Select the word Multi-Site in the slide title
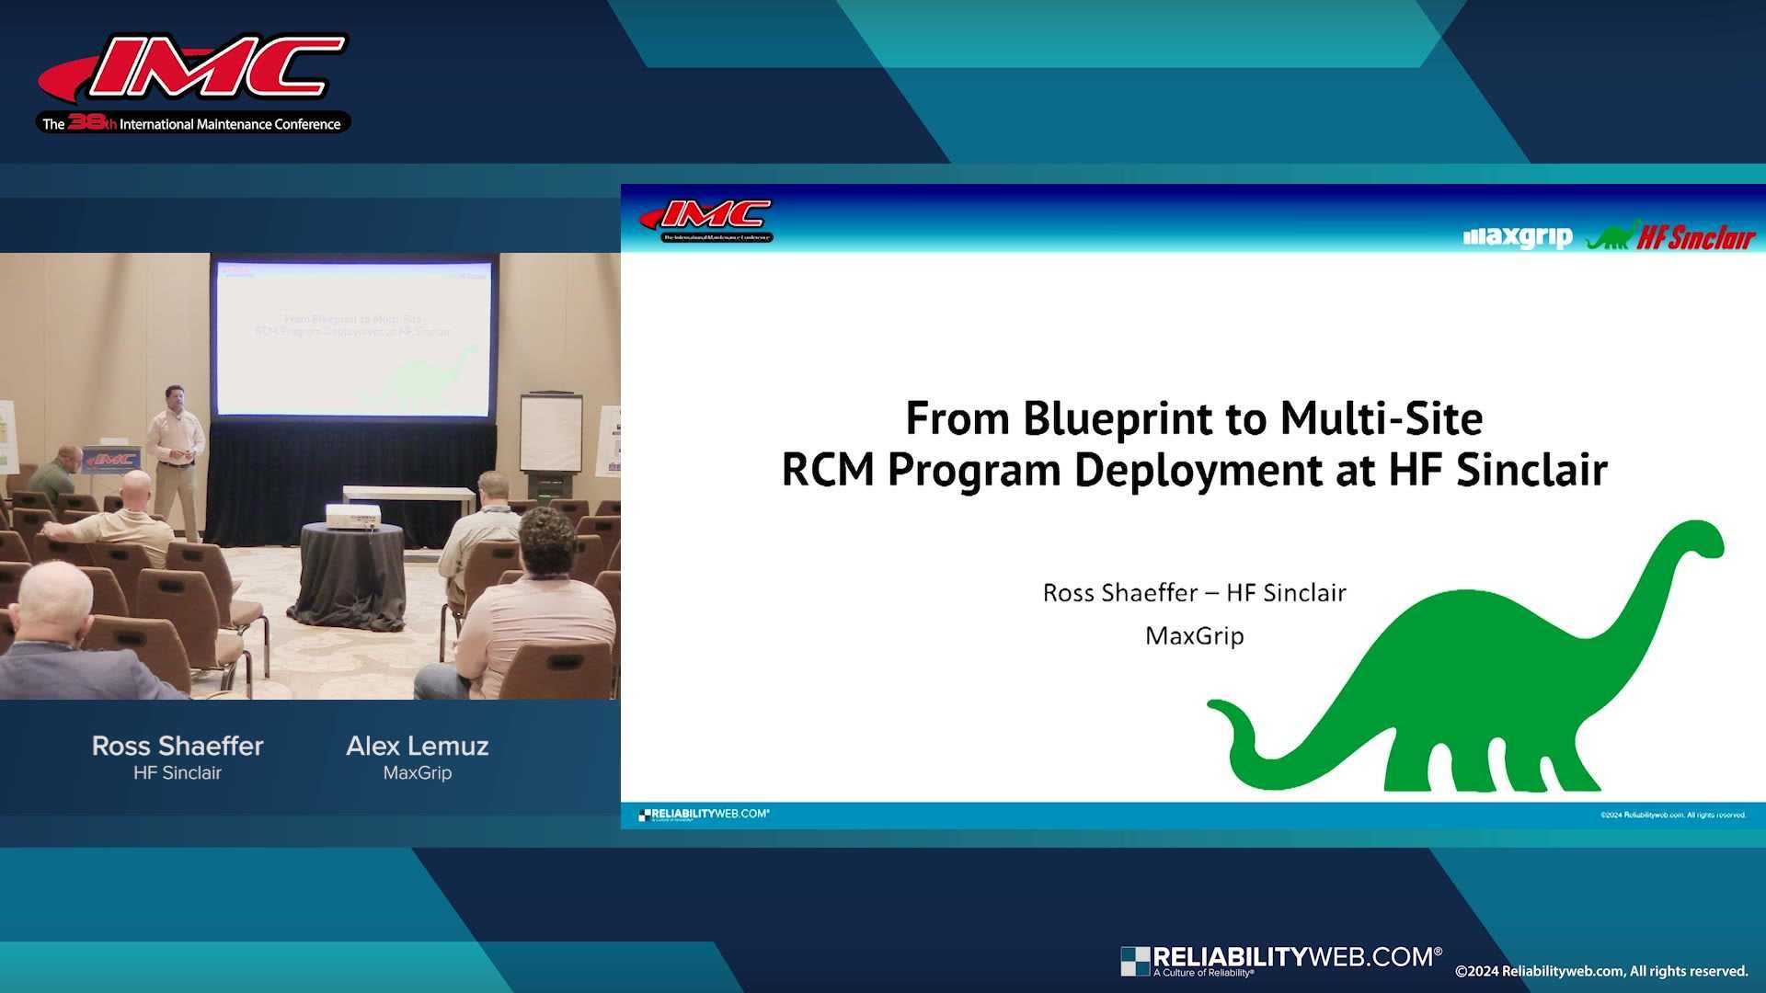tap(1381, 419)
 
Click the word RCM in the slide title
tap(828, 471)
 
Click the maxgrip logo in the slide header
tap(1518, 237)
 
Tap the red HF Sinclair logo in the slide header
tap(1695, 238)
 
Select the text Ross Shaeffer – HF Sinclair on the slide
tap(1194, 593)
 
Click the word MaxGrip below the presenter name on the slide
tap(1194, 636)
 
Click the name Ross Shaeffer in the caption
tap(178, 746)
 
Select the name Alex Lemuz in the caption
tap(418, 746)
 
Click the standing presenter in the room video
tap(177, 451)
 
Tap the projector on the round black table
tap(353, 518)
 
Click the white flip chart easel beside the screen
tap(551, 434)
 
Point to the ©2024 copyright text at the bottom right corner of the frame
tap(1600, 972)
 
